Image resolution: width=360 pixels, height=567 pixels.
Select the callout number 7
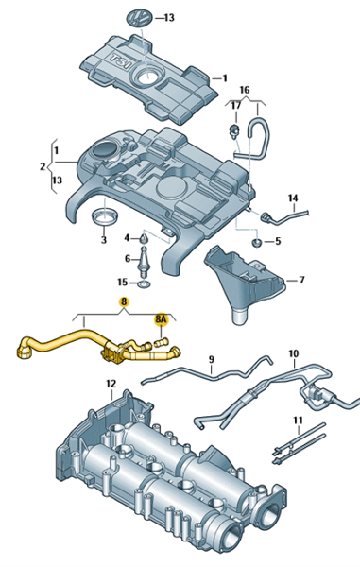pos(301,280)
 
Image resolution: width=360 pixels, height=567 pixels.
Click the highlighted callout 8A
pos(161,320)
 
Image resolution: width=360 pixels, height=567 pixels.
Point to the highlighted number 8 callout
pos(124,301)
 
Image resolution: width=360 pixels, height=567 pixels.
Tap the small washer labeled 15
pos(145,283)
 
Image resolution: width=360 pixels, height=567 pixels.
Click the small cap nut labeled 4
pos(144,238)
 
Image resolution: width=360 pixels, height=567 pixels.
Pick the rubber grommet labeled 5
pos(257,242)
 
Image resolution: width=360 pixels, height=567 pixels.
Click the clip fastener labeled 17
pos(235,130)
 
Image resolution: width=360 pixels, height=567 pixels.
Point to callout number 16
pos(245,90)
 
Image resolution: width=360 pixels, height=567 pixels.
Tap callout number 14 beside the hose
pos(293,198)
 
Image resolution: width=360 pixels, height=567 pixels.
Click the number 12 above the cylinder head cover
pos(111,384)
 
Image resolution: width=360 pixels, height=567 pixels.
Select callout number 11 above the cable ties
pos(298,421)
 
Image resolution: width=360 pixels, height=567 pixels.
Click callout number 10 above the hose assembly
pos(294,353)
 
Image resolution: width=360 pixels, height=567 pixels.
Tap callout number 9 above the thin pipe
pos(212,359)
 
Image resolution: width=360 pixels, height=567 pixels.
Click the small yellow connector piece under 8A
pos(162,341)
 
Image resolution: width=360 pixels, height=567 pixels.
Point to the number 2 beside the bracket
pos(43,166)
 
